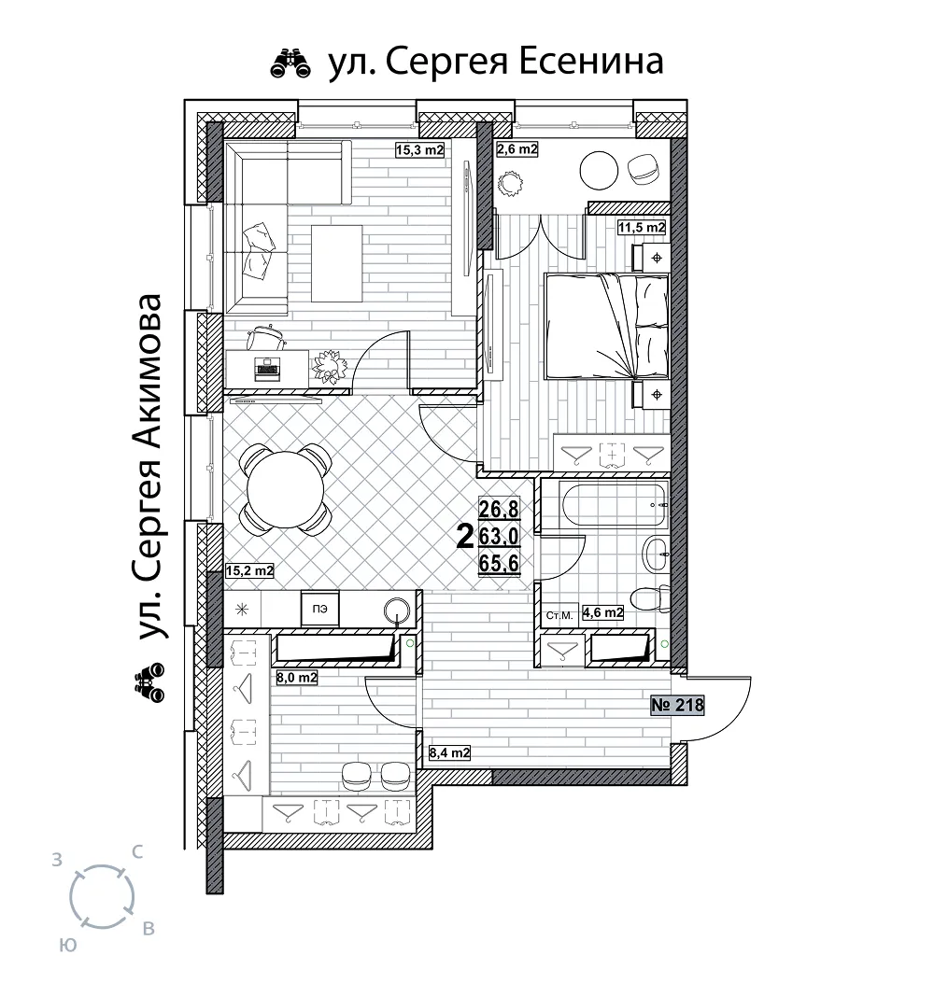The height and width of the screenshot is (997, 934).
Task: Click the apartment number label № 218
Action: [x=677, y=705]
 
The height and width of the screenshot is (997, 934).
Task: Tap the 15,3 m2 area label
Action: [x=419, y=150]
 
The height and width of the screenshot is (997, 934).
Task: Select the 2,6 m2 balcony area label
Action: [x=517, y=149]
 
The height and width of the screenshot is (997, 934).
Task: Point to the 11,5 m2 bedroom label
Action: [x=642, y=227]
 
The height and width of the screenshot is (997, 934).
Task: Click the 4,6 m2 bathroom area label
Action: [x=602, y=613]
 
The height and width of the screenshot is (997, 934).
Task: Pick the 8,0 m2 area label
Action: [x=296, y=678]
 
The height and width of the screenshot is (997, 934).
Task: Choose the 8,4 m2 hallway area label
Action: [x=450, y=753]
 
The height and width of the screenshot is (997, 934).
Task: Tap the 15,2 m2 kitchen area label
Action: [x=249, y=571]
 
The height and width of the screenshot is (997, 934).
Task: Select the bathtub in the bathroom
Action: [x=614, y=505]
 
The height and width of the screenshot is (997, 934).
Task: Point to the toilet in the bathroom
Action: [x=650, y=598]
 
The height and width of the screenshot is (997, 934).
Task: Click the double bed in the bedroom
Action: [x=606, y=327]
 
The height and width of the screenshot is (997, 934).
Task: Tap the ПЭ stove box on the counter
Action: [x=320, y=610]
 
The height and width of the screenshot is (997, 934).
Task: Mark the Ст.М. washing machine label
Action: [x=559, y=615]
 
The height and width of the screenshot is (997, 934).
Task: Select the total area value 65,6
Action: [x=499, y=563]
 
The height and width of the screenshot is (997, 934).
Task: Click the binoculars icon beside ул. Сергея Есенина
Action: [x=290, y=63]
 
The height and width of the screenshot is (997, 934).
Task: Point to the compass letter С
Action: [x=136, y=851]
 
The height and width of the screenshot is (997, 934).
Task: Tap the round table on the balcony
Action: [x=599, y=170]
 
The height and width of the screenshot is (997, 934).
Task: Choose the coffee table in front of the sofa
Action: [x=336, y=263]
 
